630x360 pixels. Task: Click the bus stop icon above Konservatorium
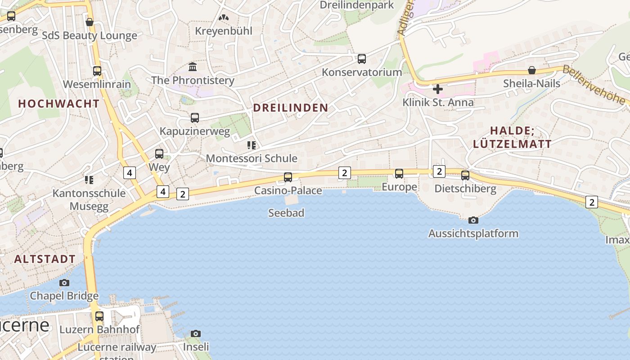pyautogui.click(x=362, y=59)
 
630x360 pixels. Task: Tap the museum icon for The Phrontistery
pyautogui.click(x=193, y=67)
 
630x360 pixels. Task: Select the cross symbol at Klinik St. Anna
pyautogui.click(x=437, y=89)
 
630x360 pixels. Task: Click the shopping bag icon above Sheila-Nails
pyautogui.click(x=532, y=70)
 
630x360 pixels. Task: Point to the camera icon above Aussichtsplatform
pyautogui.click(x=473, y=220)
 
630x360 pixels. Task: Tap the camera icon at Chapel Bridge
pyautogui.click(x=64, y=283)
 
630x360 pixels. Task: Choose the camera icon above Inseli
pyautogui.click(x=195, y=333)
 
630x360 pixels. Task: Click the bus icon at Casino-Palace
pyautogui.click(x=288, y=177)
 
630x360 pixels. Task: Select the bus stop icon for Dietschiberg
pyautogui.click(x=465, y=175)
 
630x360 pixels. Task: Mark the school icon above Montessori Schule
pyautogui.click(x=252, y=145)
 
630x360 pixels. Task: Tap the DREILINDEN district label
pyautogui.click(x=291, y=108)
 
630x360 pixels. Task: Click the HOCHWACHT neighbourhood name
pyautogui.click(x=58, y=103)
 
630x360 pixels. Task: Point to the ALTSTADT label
pyautogui.click(x=45, y=259)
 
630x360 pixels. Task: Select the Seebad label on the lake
pyautogui.click(x=286, y=213)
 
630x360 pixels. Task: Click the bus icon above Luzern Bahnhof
pyautogui.click(x=99, y=316)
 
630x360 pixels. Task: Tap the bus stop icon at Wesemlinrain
pyautogui.click(x=97, y=71)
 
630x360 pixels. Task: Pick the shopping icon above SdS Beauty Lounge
pyautogui.click(x=90, y=22)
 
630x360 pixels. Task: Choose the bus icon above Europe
pyautogui.click(x=399, y=174)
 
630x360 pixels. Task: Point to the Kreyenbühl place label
pyautogui.click(x=224, y=31)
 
